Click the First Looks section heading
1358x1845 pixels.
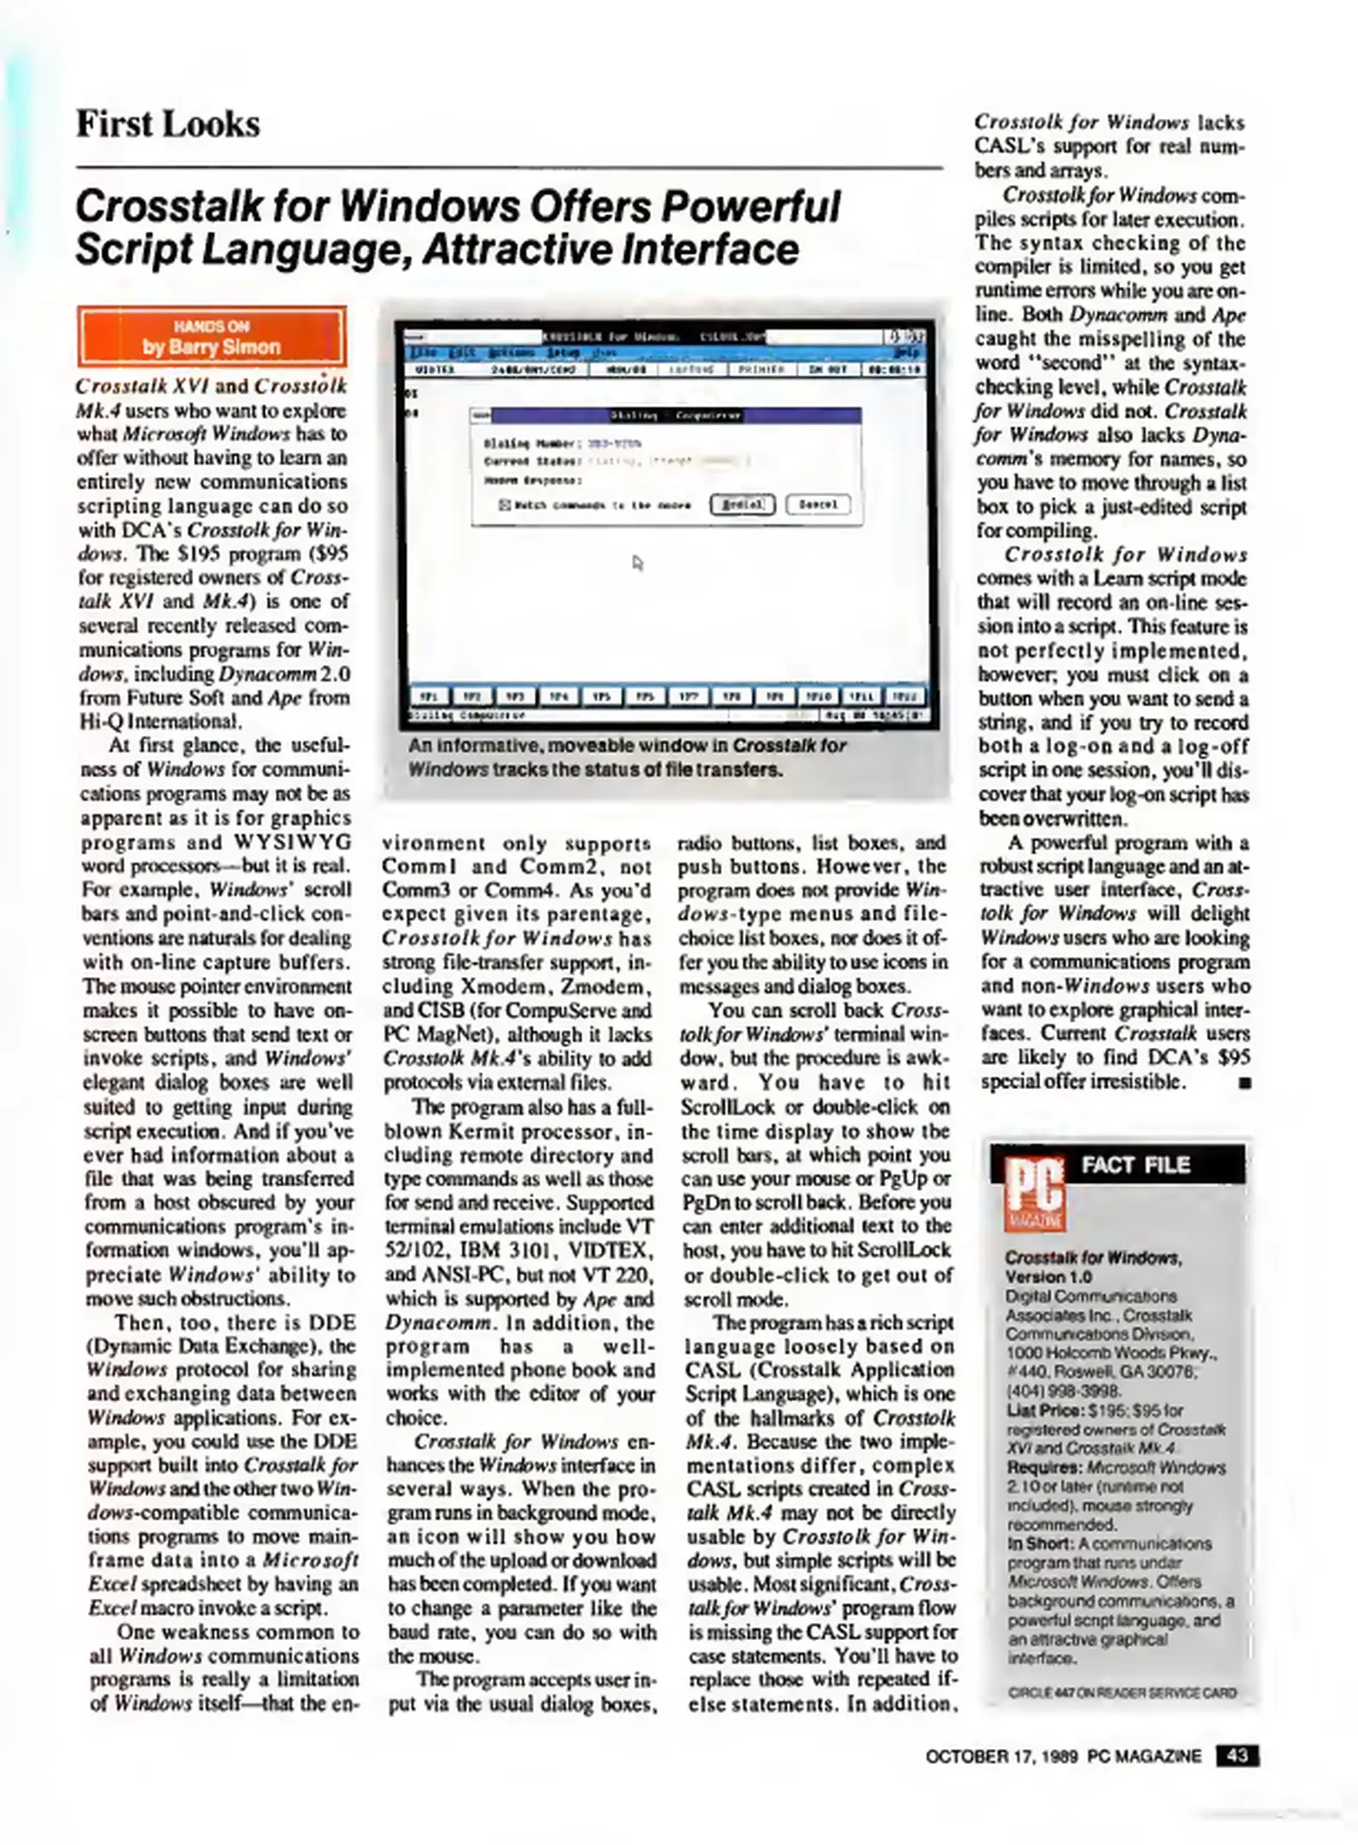click(168, 125)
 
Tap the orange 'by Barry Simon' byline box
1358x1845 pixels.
click(212, 337)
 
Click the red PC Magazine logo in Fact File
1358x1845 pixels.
click(1034, 1193)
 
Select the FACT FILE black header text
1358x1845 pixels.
click(1135, 1165)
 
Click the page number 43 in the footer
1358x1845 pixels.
click(1237, 1755)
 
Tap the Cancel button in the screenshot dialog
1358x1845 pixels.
click(817, 504)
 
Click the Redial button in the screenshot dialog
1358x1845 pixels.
click(742, 504)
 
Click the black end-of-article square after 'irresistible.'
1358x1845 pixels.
click(1244, 1082)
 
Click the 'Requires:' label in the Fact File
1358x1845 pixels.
click(1044, 1467)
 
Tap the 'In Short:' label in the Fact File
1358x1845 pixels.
click(1039, 1543)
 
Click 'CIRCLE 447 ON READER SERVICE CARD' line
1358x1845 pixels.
click(1121, 1692)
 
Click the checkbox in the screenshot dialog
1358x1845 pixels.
click(504, 505)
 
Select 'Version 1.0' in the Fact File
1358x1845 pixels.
click(1048, 1276)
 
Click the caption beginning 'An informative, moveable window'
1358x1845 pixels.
click(627, 757)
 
